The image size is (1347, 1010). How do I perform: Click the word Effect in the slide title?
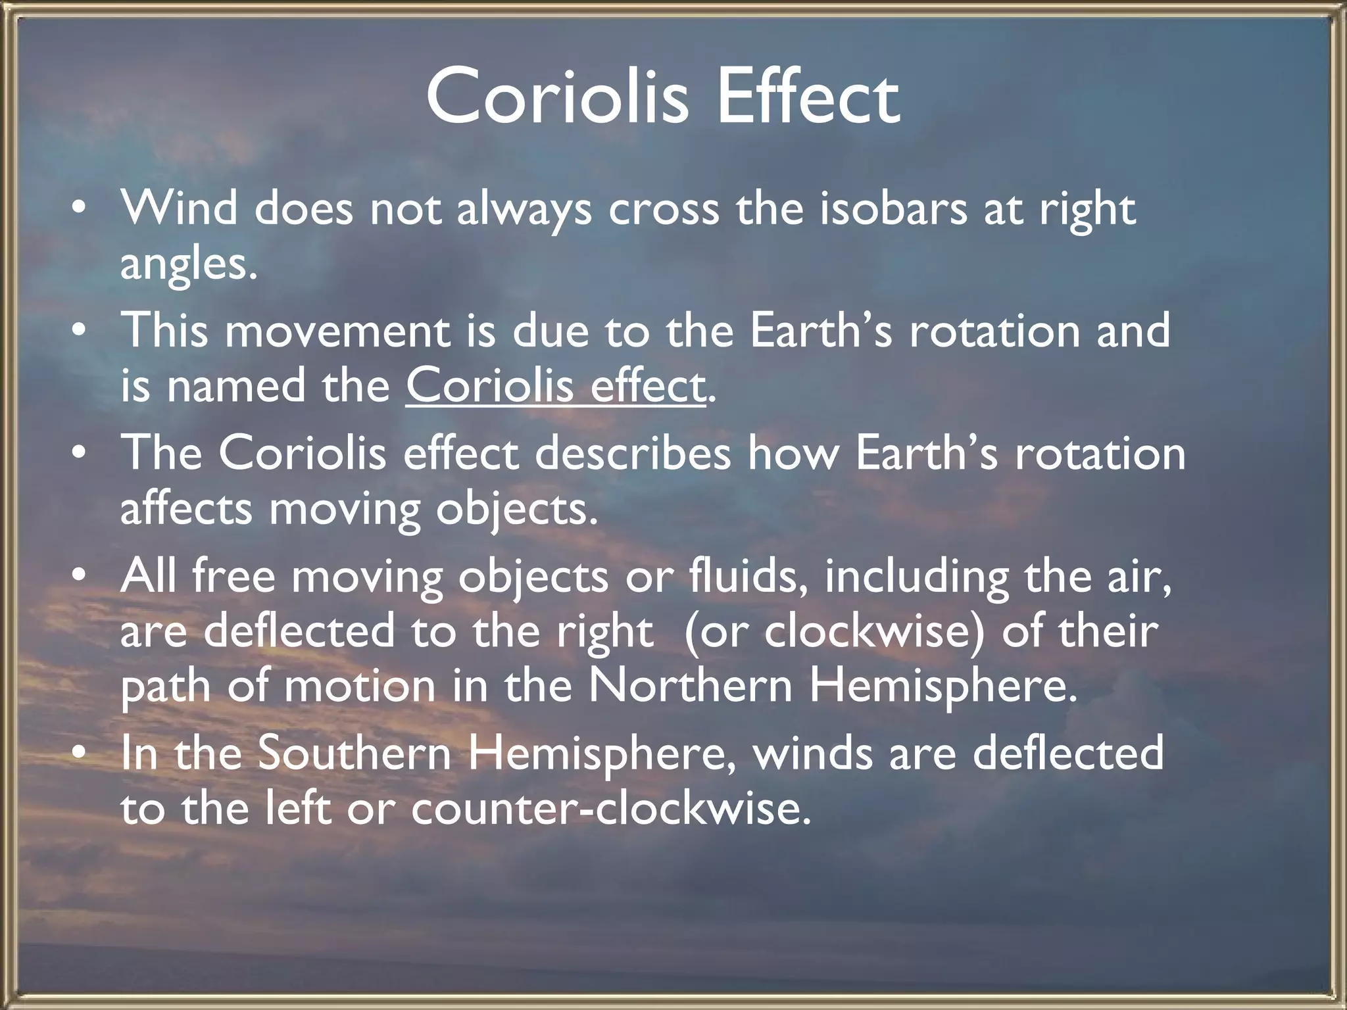click(x=808, y=97)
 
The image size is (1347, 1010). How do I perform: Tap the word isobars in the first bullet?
click(x=893, y=209)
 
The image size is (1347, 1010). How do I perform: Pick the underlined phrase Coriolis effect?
click(x=556, y=386)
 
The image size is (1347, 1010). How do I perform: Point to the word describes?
click(x=633, y=454)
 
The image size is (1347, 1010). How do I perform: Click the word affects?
click(x=186, y=509)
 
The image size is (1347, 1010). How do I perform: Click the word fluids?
click(x=748, y=576)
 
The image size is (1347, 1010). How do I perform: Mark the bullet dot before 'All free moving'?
click(x=78, y=576)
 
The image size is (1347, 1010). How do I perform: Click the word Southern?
click(x=354, y=754)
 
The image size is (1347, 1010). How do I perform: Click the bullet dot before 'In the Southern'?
click(x=78, y=754)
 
